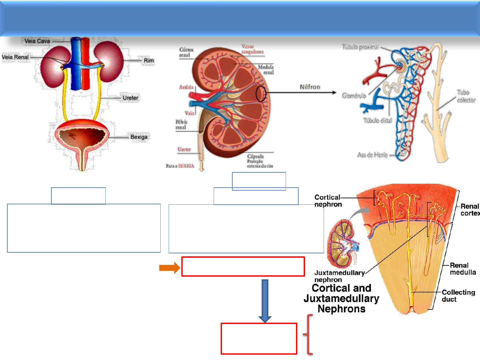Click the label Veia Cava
37,41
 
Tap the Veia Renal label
15,57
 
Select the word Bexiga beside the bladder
139,137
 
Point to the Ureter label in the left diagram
130,98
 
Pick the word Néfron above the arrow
310,87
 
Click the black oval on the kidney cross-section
261,94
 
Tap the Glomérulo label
354,96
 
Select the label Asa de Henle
372,155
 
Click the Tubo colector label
465,96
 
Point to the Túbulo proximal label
360,47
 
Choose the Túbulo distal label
378,121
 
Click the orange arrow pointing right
169,268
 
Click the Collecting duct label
458,296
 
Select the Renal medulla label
462,269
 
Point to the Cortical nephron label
328,201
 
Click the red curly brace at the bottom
309,334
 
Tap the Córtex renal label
186,52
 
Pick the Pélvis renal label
181,124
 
